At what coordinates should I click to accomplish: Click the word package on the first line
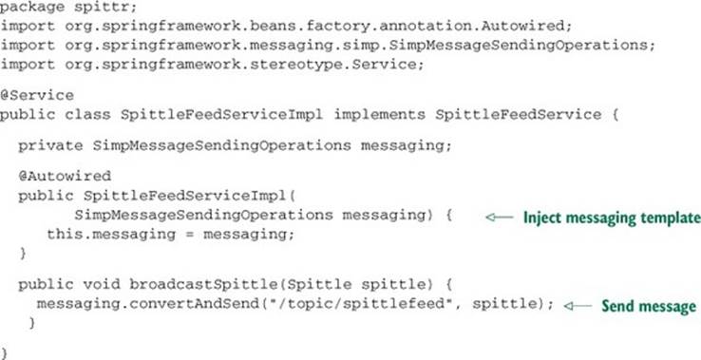pyautogui.click(x=27, y=8)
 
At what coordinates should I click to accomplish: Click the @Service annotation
pyautogui.click(x=37, y=96)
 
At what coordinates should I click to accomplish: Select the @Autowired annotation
pyautogui.click(x=65, y=176)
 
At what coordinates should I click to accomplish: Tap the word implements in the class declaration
pyautogui.click(x=380, y=115)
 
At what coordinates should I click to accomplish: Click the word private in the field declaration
pyautogui.click(x=50, y=146)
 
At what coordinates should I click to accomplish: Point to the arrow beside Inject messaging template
pyautogui.click(x=500, y=218)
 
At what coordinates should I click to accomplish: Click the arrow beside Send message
pyautogui.click(x=578, y=306)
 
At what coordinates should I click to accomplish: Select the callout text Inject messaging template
pyautogui.click(x=612, y=218)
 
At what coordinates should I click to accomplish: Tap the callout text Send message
pyautogui.click(x=649, y=307)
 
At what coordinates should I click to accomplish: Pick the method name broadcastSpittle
pyautogui.click(x=203, y=285)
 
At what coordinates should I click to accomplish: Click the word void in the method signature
pyautogui.click(x=102, y=284)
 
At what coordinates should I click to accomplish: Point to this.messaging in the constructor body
pyautogui.click(x=111, y=235)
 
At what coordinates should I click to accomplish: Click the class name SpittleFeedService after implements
pyautogui.click(x=518, y=115)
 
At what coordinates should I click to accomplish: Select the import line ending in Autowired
pyautogui.click(x=286, y=27)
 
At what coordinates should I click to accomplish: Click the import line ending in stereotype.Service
pyautogui.click(x=212, y=65)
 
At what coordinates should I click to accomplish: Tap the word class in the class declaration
pyautogui.click(x=87, y=115)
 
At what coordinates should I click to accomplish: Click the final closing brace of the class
pyautogui.click(x=4, y=352)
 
